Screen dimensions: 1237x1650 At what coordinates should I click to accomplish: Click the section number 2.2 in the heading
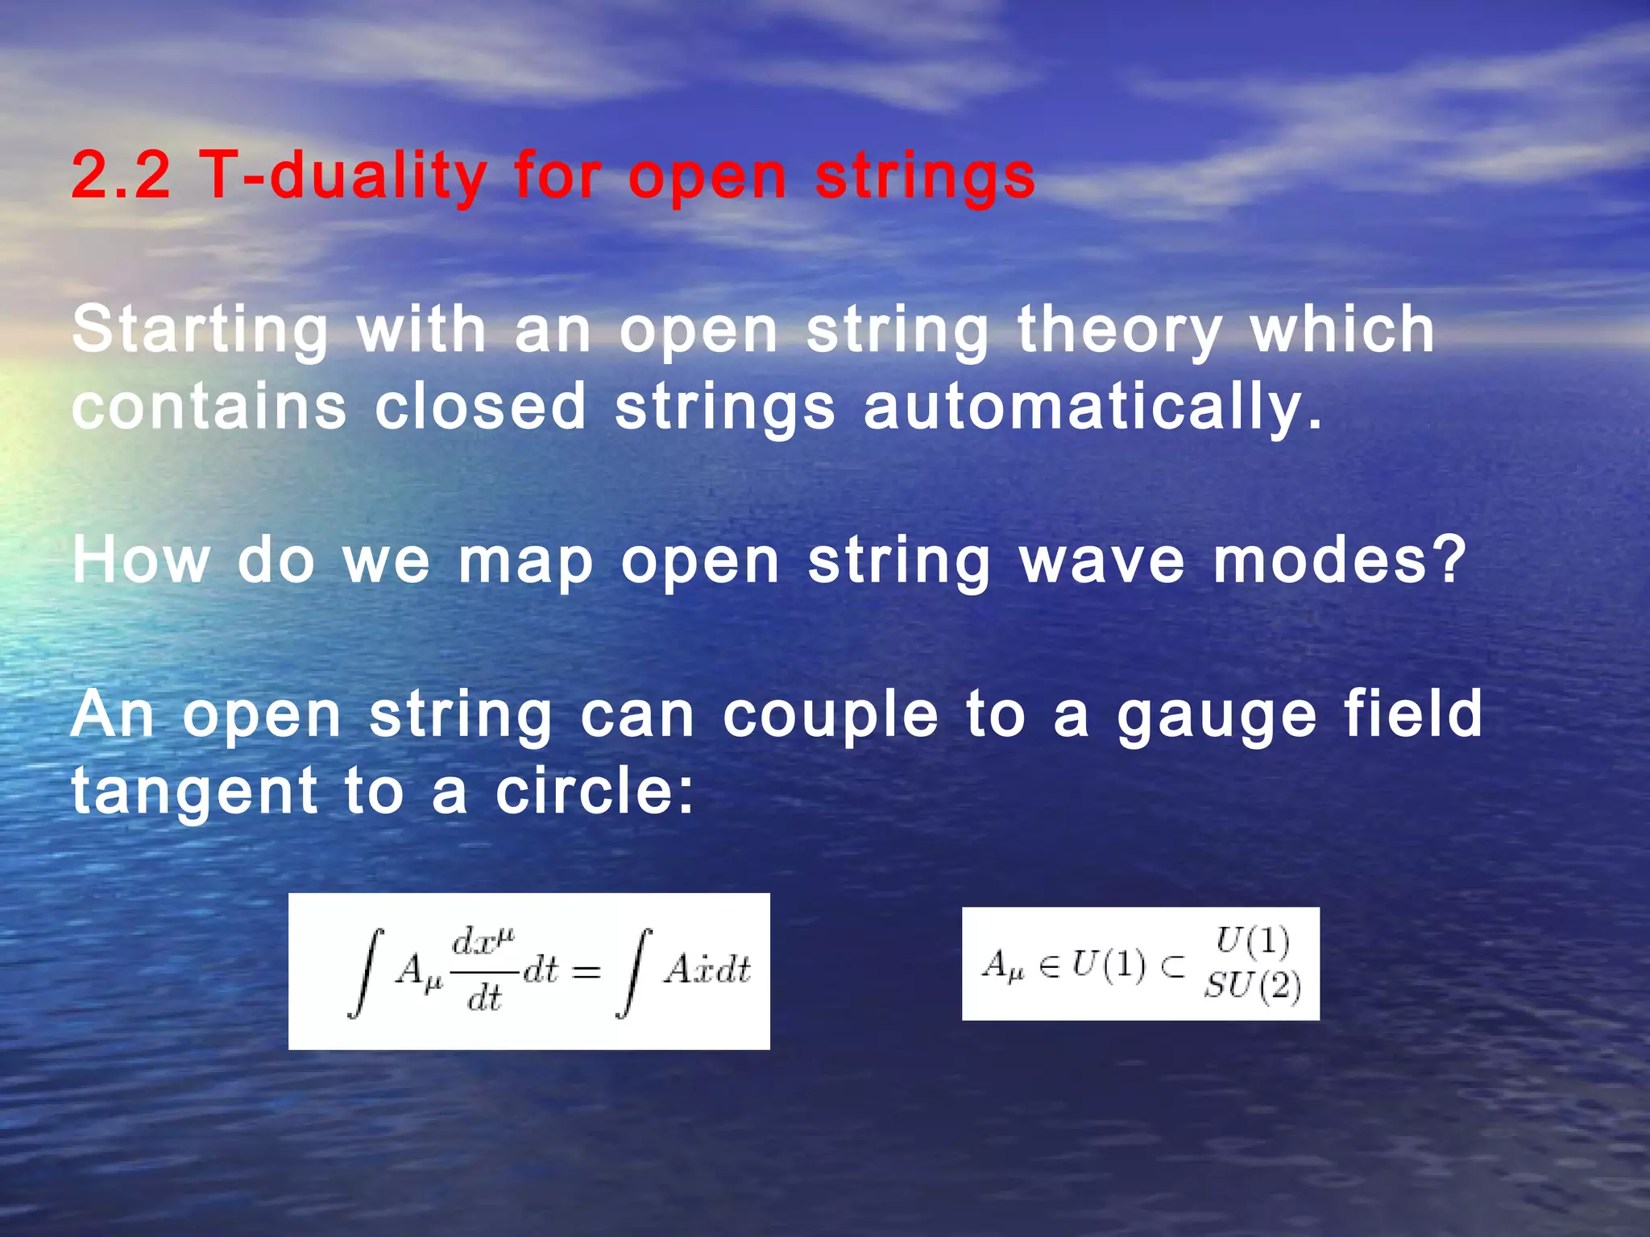121,175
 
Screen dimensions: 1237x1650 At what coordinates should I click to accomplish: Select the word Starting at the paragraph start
200,330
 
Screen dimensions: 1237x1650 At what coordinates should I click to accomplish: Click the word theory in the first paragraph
1120,330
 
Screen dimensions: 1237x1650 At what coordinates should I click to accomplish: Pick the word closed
480,406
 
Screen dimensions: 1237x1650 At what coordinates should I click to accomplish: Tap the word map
526,561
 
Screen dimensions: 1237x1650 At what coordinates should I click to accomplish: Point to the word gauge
1217,715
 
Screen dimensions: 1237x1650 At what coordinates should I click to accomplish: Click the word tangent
195,792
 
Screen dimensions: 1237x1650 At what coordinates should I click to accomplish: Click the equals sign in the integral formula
586,971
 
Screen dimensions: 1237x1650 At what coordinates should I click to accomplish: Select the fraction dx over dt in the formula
483,970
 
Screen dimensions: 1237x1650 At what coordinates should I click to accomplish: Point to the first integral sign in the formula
366,972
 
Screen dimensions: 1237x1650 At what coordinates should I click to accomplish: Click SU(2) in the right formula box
1252,986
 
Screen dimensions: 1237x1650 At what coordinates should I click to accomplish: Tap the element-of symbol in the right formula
1049,966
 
